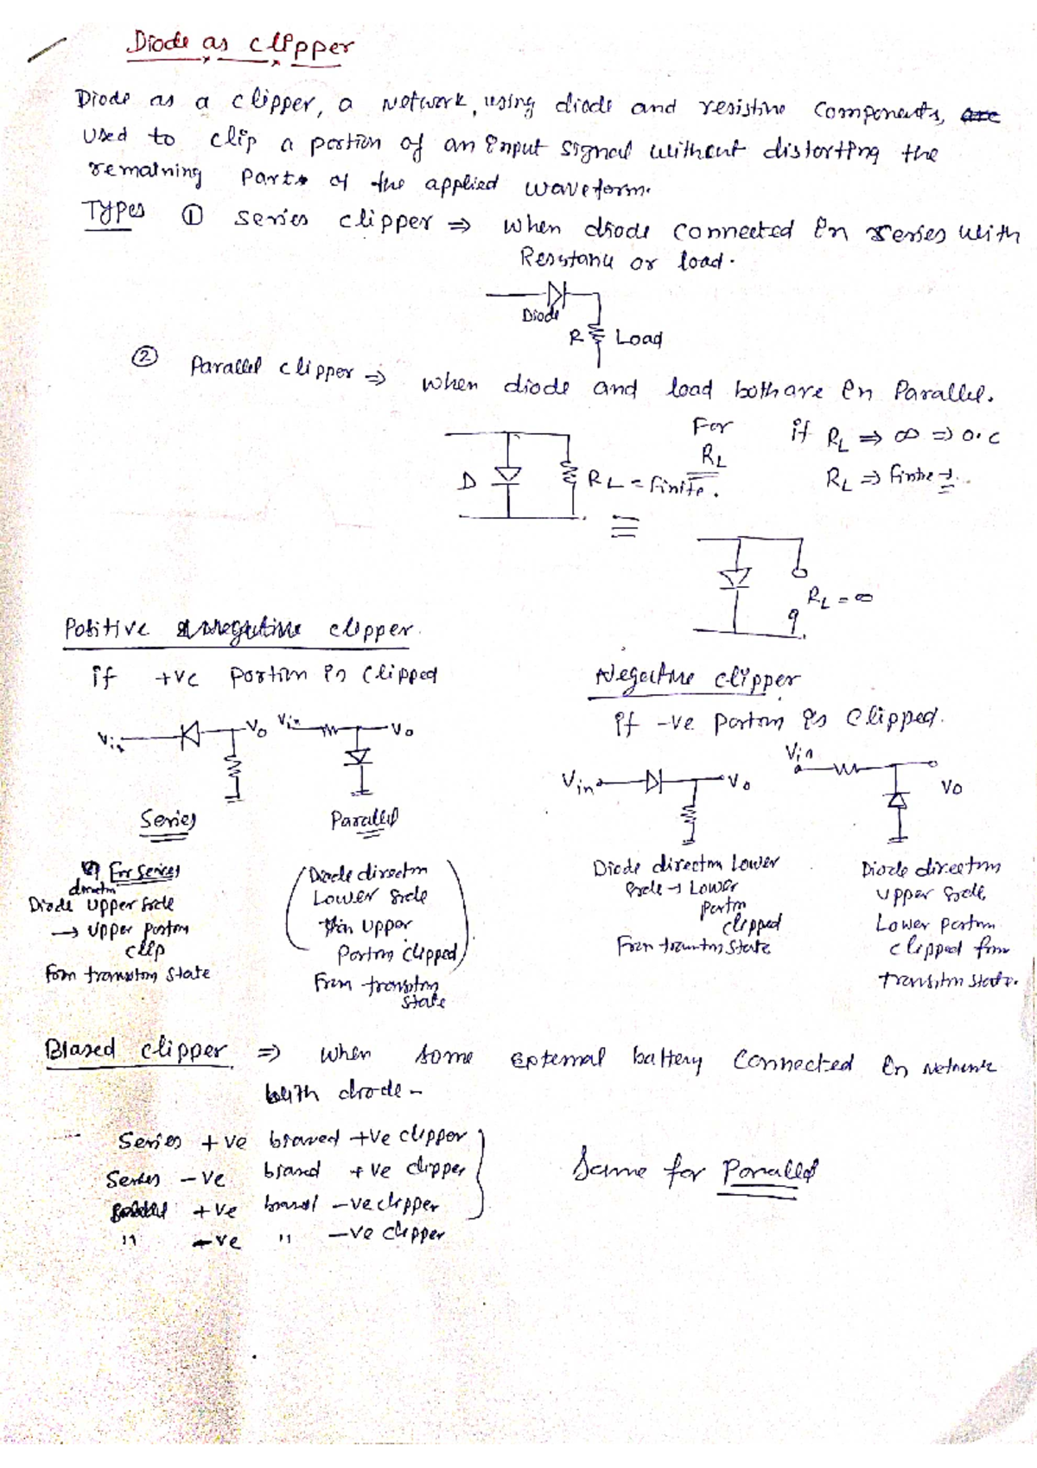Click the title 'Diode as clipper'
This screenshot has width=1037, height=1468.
tap(240, 46)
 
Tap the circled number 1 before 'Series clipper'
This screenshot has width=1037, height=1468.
tap(192, 217)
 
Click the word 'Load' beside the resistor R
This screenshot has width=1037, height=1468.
tap(639, 338)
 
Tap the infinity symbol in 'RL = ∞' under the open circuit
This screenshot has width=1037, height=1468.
tap(863, 597)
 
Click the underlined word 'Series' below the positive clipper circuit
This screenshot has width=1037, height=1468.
tap(169, 819)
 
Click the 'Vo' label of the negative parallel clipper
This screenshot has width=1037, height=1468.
tap(951, 788)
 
